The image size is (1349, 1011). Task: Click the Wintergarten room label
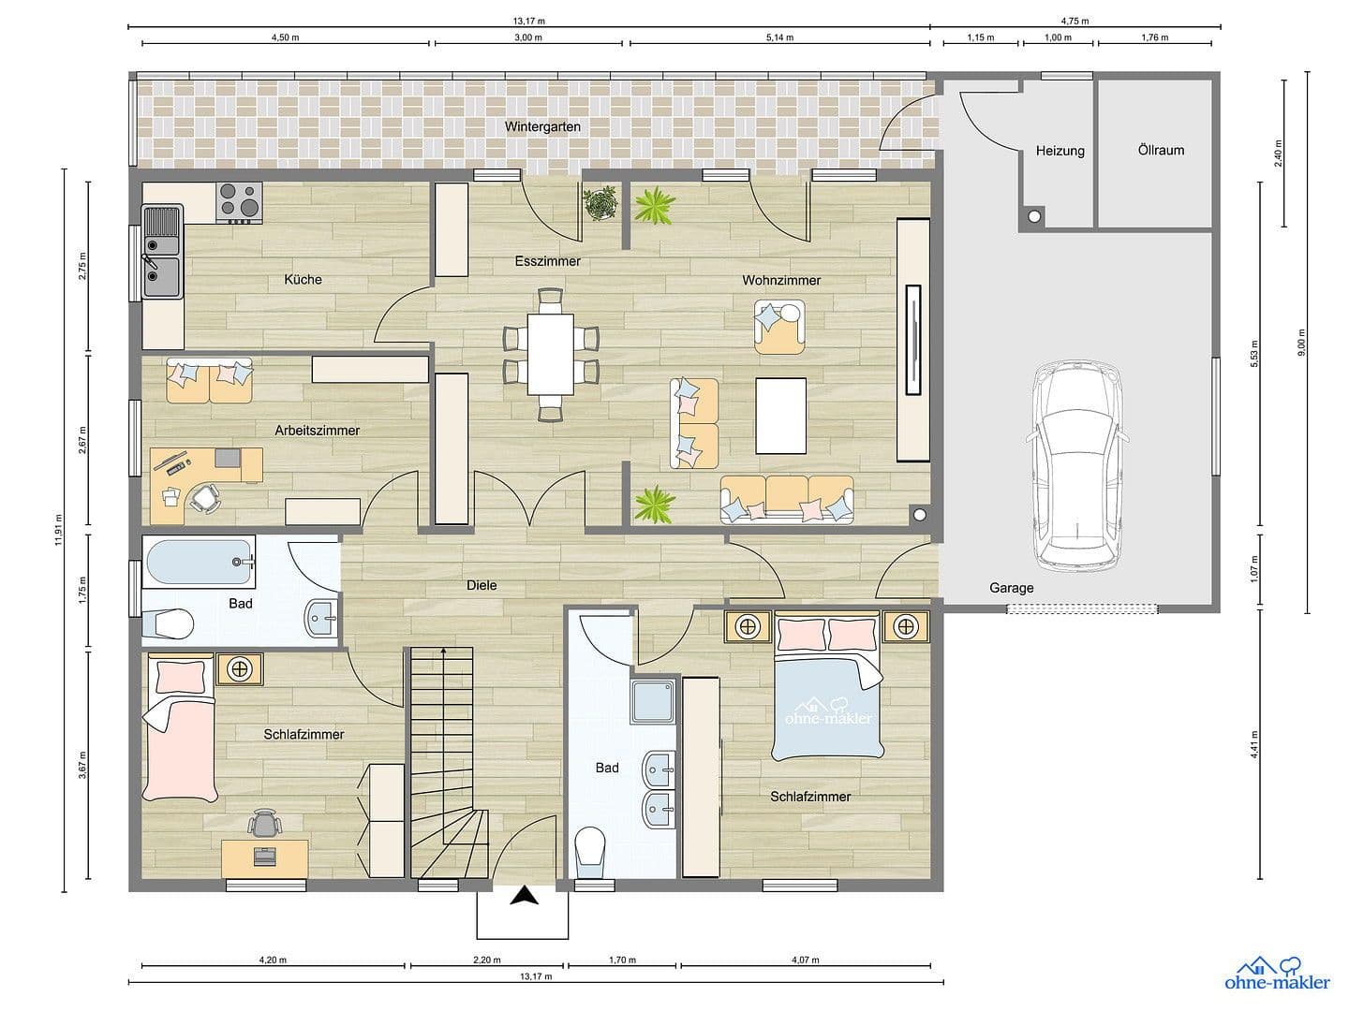pos(542,126)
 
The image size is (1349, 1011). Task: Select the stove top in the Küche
pos(238,201)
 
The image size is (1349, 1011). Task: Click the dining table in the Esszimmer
pos(550,354)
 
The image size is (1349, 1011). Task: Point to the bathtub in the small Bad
pos(200,562)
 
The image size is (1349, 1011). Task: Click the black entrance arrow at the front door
pos(525,897)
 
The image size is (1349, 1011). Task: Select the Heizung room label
pos(1060,151)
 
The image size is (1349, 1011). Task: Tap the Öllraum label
pos(1161,150)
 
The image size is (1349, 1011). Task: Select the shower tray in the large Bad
pos(653,702)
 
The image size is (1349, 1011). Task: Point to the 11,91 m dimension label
pos(58,529)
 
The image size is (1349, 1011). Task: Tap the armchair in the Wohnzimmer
pos(779,326)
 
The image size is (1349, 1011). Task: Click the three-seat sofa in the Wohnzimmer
pos(787,500)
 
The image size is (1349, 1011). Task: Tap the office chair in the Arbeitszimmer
pos(206,498)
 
